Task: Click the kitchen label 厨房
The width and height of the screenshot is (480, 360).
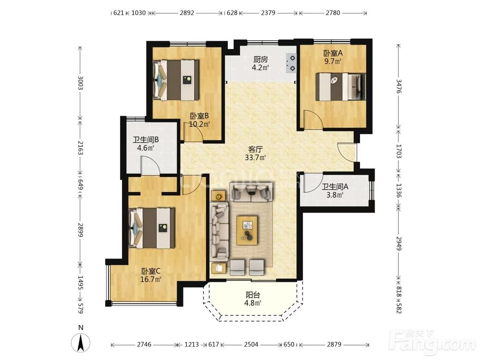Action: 261,60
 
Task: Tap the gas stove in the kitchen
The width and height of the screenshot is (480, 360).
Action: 291,63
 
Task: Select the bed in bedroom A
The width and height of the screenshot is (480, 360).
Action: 341,86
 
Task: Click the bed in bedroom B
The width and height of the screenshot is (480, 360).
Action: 176,80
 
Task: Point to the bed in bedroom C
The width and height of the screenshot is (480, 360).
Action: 152,228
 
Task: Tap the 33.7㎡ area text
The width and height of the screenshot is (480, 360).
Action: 255,158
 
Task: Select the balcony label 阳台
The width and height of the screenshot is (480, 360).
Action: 253,295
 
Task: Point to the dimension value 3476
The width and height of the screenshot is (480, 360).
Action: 398,86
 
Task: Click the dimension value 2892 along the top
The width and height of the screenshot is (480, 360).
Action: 187,13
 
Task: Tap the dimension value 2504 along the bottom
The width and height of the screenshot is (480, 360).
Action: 251,344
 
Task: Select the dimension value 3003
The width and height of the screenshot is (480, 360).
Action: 81,83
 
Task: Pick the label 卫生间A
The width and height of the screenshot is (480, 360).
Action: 335,187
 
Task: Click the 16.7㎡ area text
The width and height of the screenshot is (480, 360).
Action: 151,279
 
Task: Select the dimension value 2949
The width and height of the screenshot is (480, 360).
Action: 398,243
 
